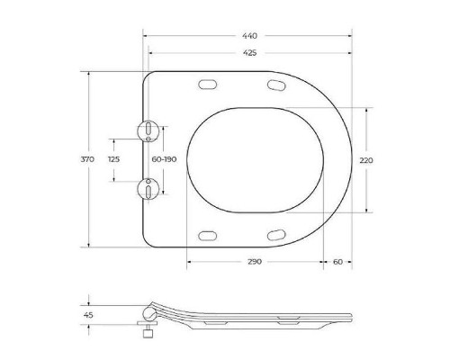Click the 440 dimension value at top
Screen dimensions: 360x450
247,34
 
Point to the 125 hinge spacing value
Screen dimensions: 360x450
113,159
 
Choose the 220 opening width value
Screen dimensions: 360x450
366,159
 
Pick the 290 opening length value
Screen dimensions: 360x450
255,262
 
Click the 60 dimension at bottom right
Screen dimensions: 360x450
337,262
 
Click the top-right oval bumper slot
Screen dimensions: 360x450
277,85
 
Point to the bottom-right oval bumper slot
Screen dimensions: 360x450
277,235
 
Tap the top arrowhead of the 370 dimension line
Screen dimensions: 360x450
90,73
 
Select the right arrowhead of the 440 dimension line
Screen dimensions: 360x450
349,35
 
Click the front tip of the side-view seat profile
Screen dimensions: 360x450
351,316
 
